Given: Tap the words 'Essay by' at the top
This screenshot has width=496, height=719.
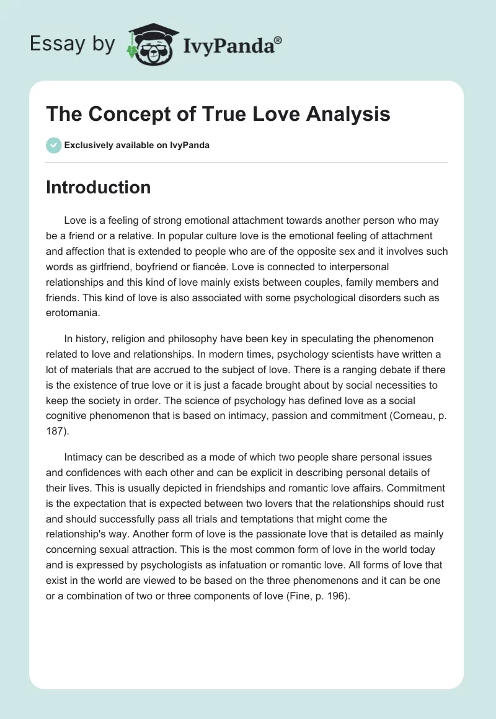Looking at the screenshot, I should point(73,44).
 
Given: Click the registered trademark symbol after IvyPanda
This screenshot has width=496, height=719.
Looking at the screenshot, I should point(278,40).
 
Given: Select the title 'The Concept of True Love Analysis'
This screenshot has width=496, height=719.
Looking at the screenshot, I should point(218,115).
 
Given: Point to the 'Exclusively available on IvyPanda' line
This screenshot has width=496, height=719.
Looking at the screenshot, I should point(136,145).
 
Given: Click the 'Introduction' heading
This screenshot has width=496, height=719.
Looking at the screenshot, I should point(98,187).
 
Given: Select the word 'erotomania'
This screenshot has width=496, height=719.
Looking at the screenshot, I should point(71,313).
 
